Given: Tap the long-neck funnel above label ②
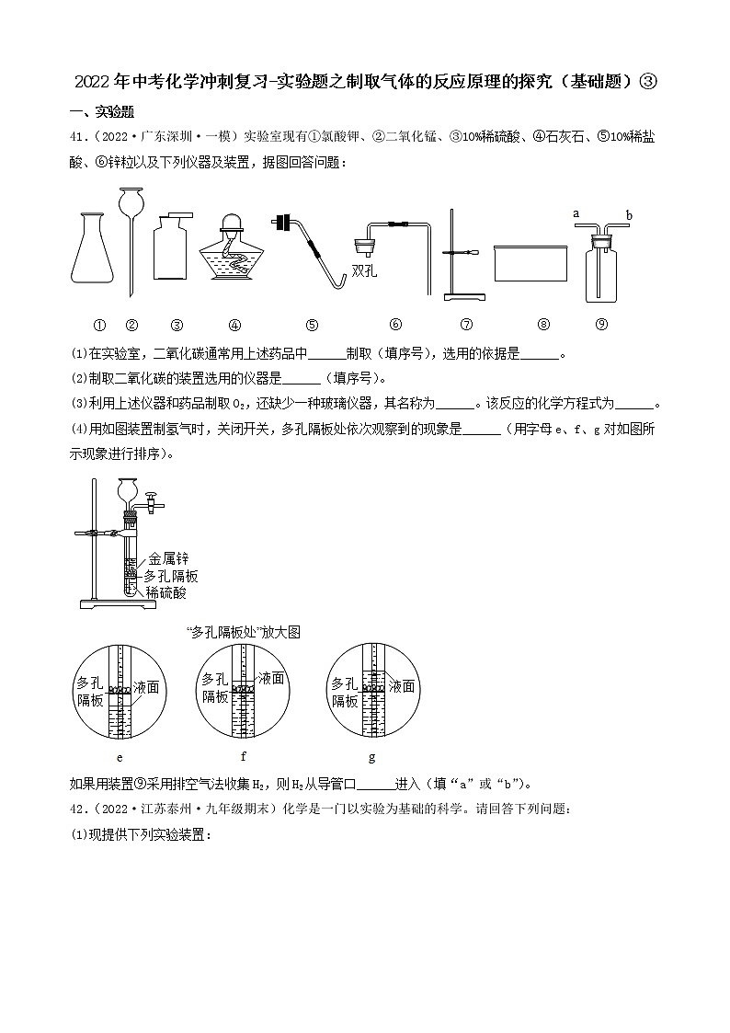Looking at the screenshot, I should [x=131, y=230].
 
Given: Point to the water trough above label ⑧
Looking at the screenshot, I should [x=531, y=262].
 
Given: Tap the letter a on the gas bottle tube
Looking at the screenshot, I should [x=576, y=212].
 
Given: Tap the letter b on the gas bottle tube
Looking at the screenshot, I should [x=629, y=215].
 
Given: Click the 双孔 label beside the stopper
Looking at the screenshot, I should [x=366, y=270].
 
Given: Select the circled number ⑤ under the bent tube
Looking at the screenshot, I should [x=312, y=324].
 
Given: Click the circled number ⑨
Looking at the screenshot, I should [x=601, y=324].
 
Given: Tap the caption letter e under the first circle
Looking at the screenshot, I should [x=120, y=757].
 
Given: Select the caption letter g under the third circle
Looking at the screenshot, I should [x=371, y=757].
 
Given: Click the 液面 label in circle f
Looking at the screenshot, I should [x=271, y=678].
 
